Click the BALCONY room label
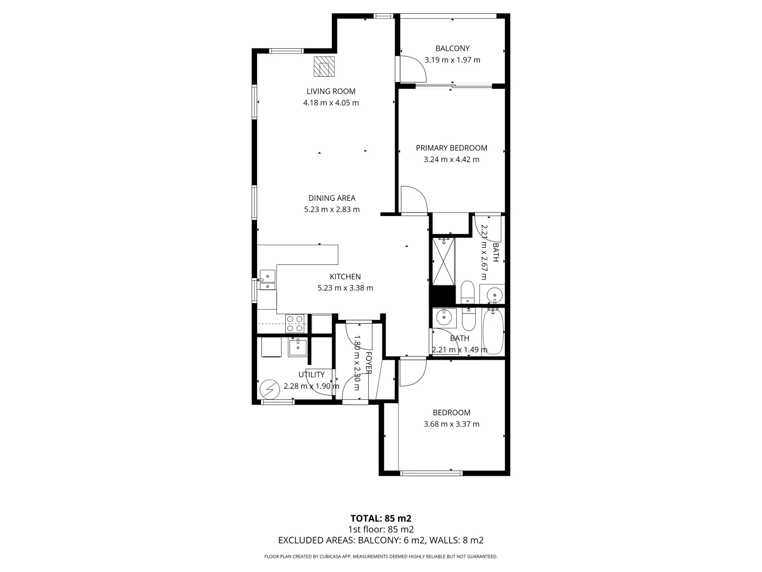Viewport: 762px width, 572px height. tap(452, 48)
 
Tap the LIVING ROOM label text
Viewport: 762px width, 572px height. tap(331, 91)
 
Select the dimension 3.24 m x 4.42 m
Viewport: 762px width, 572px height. tap(451, 159)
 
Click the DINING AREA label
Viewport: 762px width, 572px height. tap(332, 198)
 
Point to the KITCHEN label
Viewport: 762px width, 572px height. tap(345, 276)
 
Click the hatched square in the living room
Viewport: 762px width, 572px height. tap(323, 67)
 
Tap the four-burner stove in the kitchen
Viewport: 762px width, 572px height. tap(295, 323)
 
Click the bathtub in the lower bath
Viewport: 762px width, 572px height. tap(493, 332)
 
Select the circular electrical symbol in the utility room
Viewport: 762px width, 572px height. tap(269, 389)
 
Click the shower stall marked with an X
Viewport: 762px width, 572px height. tap(444, 262)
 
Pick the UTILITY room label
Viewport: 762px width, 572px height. tap(311, 374)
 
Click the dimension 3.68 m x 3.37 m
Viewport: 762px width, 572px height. tap(451, 424)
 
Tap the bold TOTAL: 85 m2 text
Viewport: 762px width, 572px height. tap(380, 518)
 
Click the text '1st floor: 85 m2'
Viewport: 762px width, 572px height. tap(380, 529)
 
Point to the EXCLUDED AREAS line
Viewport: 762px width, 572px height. tap(380, 540)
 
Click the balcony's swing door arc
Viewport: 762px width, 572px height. tap(413, 69)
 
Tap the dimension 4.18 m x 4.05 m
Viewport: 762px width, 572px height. tap(331, 103)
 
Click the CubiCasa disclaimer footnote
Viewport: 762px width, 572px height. tap(380, 557)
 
